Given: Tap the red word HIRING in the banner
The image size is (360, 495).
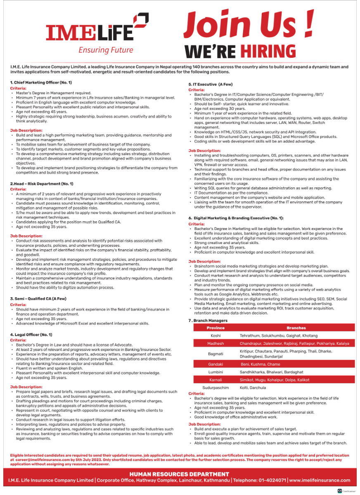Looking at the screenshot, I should (268, 51).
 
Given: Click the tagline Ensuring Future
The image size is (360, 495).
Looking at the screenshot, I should (106, 50).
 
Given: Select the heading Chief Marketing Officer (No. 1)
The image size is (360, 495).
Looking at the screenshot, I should (40, 83).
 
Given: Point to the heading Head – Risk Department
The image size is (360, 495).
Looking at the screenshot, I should (41, 184).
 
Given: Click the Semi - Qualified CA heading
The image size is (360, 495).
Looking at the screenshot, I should (38, 298).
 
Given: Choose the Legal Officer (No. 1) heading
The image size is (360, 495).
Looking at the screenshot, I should (31, 334).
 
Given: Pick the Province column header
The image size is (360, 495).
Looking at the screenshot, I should (216, 328).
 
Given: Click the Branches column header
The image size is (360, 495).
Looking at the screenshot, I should (296, 328).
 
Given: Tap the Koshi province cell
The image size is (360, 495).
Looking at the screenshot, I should (216, 336).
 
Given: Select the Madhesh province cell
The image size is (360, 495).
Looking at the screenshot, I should (216, 343).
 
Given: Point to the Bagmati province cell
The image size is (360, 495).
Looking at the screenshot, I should (216, 354).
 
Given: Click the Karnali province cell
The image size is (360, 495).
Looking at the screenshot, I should (216, 379).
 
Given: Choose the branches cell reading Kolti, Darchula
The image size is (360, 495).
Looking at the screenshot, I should (253, 388).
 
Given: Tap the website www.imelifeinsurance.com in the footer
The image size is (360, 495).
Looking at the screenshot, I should (320, 480).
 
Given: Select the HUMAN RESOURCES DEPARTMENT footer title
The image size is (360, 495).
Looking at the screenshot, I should (179, 474).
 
